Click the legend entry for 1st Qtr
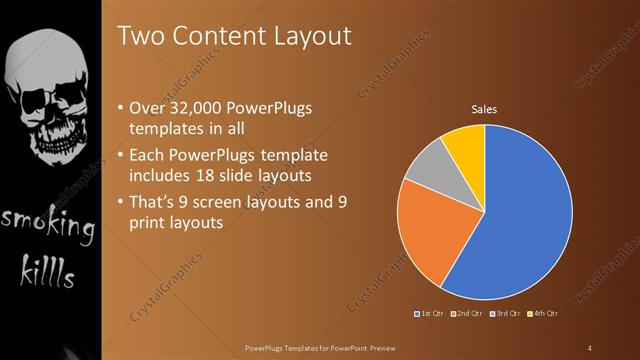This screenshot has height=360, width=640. tap(431, 314)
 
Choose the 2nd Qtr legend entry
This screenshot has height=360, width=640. tap(468, 314)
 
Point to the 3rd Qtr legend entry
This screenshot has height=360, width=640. tap(504, 314)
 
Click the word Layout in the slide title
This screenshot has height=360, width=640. tap(307, 36)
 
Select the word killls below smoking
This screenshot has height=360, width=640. tap(48, 270)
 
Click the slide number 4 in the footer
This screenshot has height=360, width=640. tap(589, 347)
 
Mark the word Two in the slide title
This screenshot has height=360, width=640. tap(140, 36)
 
